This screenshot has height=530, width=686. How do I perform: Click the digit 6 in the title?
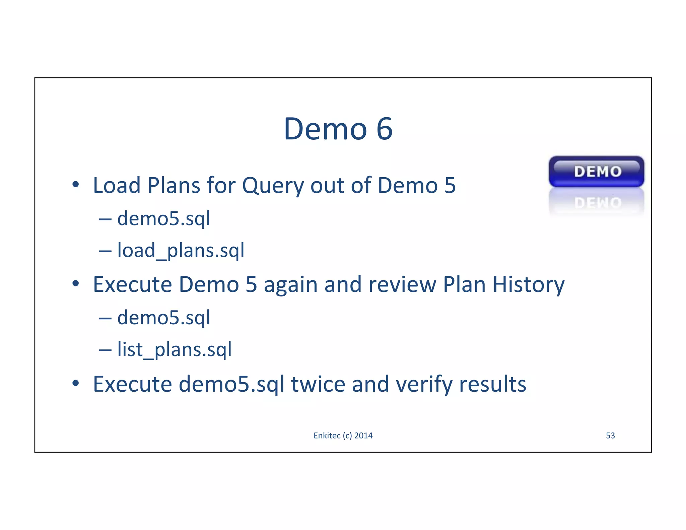[x=384, y=129]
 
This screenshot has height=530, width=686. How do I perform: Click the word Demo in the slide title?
[x=325, y=129]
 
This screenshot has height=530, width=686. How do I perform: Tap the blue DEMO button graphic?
[x=596, y=172]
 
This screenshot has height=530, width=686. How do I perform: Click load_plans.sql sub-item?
[x=181, y=250]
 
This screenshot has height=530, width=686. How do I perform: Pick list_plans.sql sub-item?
[x=174, y=349]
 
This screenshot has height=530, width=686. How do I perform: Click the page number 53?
[x=610, y=436]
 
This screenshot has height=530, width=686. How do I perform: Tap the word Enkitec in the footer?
[x=327, y=436]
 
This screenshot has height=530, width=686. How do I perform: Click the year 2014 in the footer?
[x=363, y=436]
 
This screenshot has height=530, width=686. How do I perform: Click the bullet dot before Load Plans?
[x=76, y=184]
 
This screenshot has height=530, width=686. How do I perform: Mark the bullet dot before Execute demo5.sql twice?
[x=76, y=383]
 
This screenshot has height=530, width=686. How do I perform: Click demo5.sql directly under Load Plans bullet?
[x=163, y=219]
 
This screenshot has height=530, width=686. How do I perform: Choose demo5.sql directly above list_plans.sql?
[x=163, y=318]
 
